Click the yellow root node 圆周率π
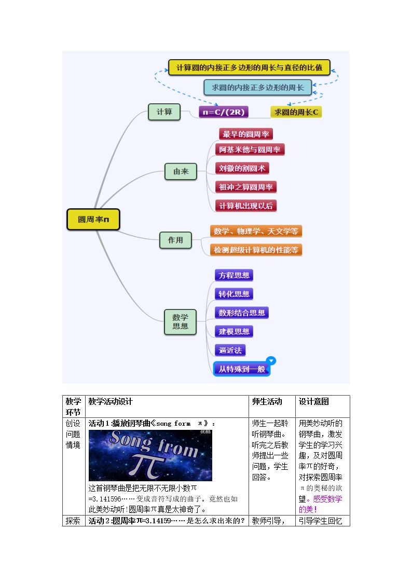(93, 220)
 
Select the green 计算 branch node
(164, 112)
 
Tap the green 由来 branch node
(181, 172)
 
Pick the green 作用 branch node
(175, 240)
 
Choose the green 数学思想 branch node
(180, 322)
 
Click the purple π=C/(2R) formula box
(224, 112)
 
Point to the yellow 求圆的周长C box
(296, 112)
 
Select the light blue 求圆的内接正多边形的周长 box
(257, 88)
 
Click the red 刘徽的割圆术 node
(242, 168)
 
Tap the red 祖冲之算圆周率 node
(245, 187)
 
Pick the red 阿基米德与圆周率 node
(250, 150)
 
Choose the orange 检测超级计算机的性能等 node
(256, 250)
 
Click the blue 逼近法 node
(230, 350)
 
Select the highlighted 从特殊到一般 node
(241, 369)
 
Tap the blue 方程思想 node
(234, 276)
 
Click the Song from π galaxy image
(150, 455)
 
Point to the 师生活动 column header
(267, 401)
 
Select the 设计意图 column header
(313, 401)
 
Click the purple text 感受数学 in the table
(327, 499)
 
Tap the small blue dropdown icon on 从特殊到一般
(271, 360)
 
